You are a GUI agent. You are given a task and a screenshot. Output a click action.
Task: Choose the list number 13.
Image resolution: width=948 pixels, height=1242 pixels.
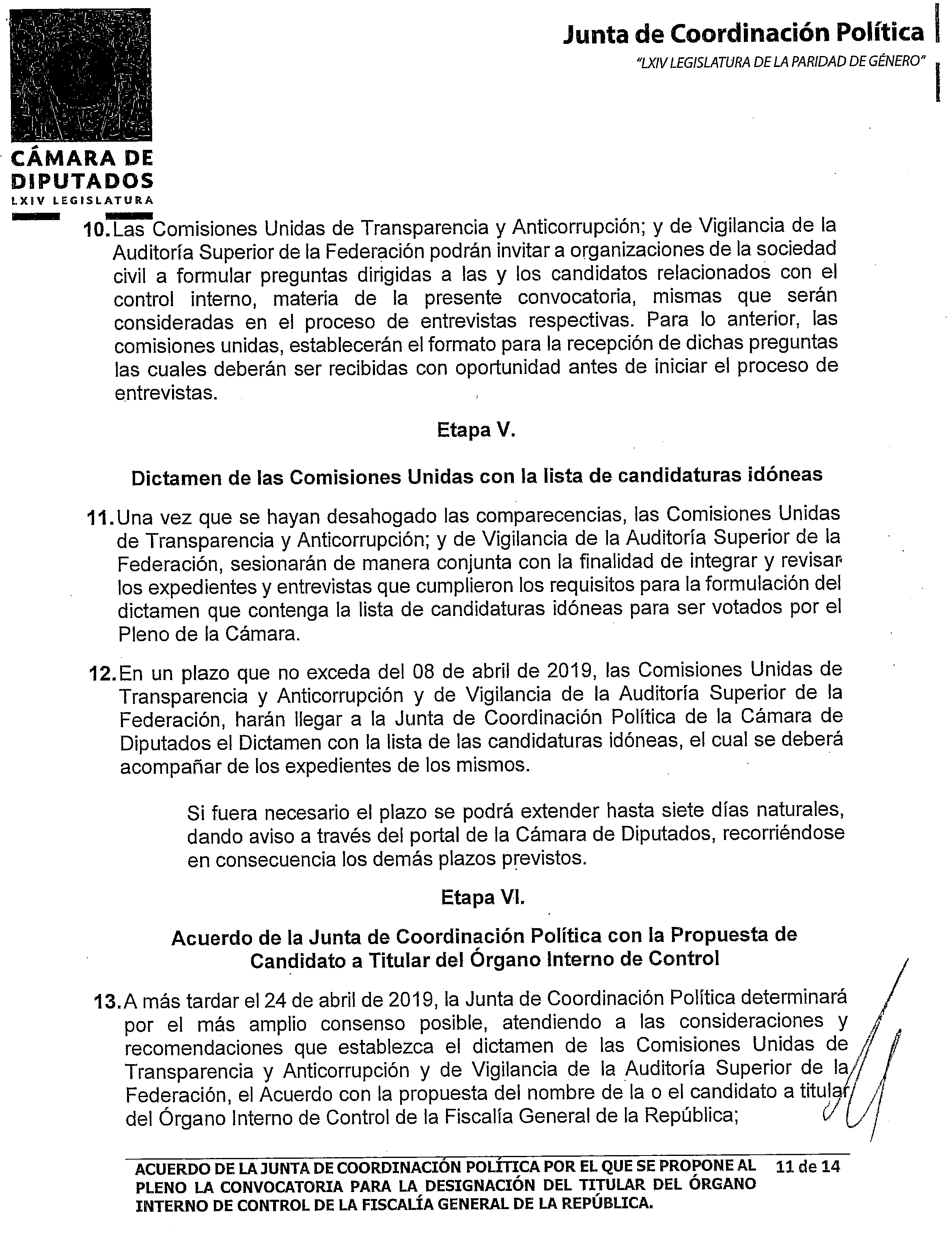107,1002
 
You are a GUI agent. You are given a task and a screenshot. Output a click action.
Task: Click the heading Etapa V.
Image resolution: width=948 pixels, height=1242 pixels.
476,431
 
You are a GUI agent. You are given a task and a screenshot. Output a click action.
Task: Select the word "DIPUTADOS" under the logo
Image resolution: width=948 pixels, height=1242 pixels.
82,181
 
